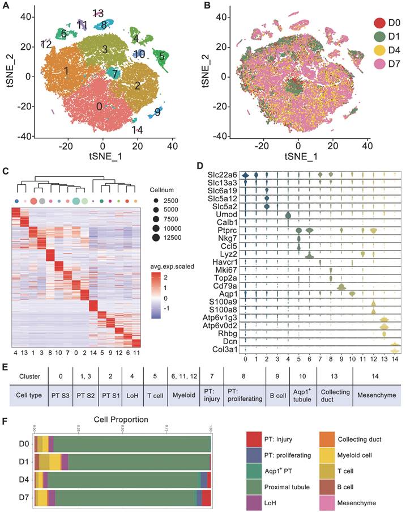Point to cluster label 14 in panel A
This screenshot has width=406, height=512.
tap(136, 130)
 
